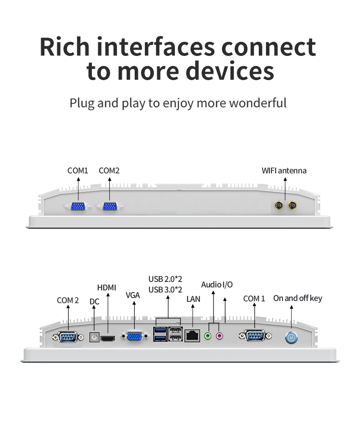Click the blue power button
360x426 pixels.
[291, 338]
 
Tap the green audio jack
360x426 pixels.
[208, 336]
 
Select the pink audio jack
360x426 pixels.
[219, 336]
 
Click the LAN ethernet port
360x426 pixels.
[192, 336]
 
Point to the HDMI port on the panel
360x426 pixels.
[108, 338]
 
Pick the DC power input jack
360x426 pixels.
[94, 337]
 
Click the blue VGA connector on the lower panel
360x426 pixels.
[135, 336]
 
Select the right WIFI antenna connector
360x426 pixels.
[292, 205]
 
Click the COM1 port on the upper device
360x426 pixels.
[78, 206]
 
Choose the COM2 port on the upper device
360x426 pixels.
[110, 206]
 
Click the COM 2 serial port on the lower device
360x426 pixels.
[68, 337]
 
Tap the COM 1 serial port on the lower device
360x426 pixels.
[255, 336]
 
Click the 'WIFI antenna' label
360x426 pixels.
[284, 171]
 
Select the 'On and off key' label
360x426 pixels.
[298, 298]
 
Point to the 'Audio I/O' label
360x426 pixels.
[217, 284]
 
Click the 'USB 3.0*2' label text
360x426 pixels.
[165, 290]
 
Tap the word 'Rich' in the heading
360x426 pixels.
[65, 47]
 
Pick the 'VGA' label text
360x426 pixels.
[133, 295]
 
